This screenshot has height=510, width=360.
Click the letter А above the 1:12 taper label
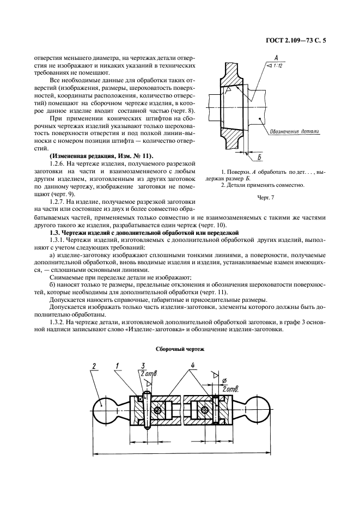pos(277,57)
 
